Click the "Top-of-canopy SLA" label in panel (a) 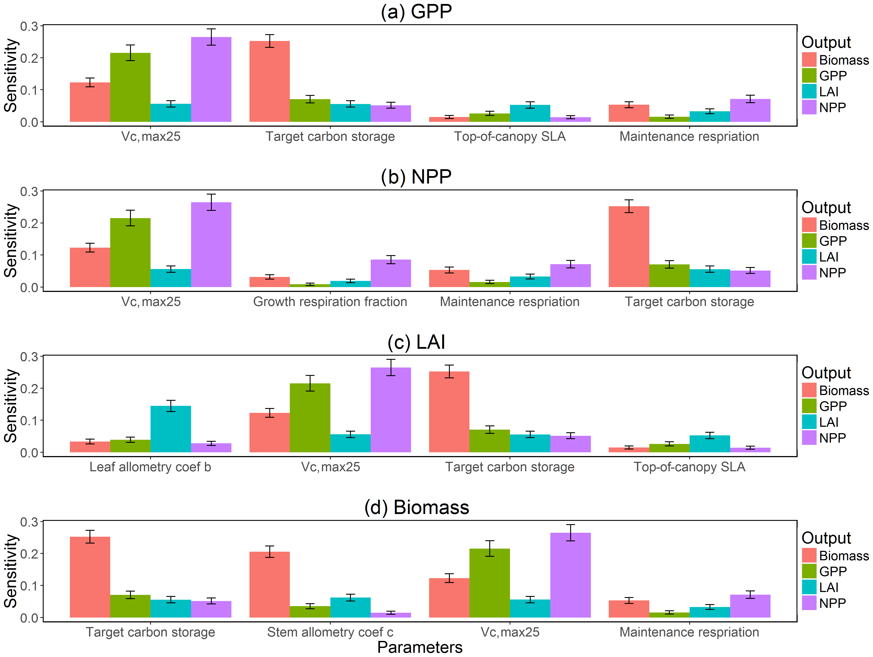tap(510, 137)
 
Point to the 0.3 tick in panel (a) tap(29, 26)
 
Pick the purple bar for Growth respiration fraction tap(391, 273)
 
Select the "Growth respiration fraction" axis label tap(330, 302)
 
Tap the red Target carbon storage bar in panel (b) tap(629, 247)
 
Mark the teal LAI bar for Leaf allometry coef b tap(171, 429)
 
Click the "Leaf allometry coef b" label tap(150, 467)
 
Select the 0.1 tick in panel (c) tap(29, 421)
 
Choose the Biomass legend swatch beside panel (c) tap(809, 390)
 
